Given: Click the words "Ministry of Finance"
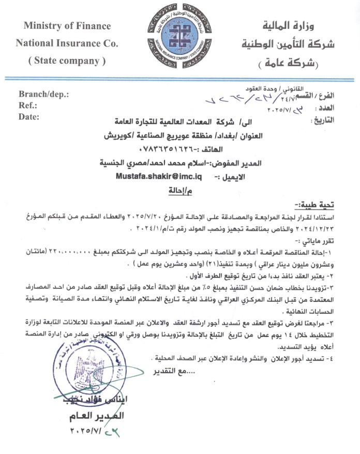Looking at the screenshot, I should click(x=67, y=26).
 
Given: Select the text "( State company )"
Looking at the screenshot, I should click(x=67, y=61).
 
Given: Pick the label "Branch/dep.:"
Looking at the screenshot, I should click(x=43, y=95).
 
